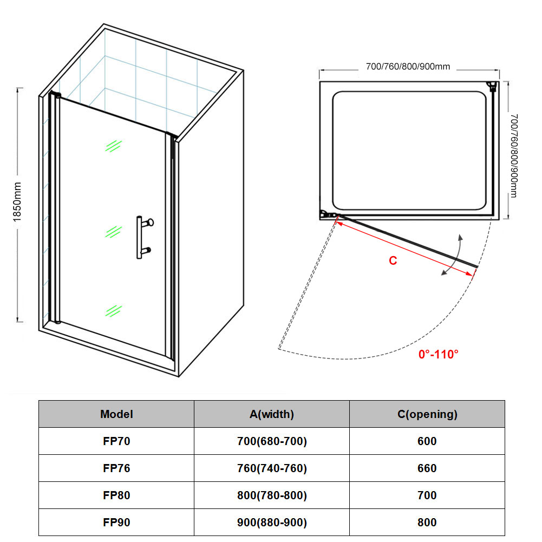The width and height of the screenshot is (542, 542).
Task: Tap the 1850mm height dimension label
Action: [x=17, y=202]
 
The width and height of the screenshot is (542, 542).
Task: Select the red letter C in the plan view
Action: [x=393, y=260]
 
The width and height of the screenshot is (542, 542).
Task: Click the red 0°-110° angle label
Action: [x=438, y=354]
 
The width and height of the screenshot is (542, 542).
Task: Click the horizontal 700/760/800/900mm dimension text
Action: [x=408, y=67]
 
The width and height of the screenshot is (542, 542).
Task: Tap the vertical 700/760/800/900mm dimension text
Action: [x=514, y=156]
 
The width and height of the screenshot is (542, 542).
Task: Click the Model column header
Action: [x=116, y=414]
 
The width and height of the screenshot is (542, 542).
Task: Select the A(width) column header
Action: [x=272, y=414]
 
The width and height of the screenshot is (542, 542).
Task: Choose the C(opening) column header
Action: [x=427, y=414]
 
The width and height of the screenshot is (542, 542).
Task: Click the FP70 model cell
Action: [x=116, y=441]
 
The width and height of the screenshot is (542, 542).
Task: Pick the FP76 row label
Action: [x=116, y=468]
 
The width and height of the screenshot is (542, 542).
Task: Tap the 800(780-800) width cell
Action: [x=272, y=495]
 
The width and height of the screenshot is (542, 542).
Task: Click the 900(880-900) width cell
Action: [x=272, y=523]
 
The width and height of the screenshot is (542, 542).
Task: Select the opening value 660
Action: [x=427, y=468]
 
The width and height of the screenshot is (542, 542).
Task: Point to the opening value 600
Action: [x=427, y=441]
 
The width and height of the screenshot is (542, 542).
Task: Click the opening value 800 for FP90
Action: [x=427, y=523]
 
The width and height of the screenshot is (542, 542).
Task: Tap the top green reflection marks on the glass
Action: [x=114, y=146]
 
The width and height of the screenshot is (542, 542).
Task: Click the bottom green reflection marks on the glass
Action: [x=114, y=311]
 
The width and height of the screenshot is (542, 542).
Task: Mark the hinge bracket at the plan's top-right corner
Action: [x=492, y=86]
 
